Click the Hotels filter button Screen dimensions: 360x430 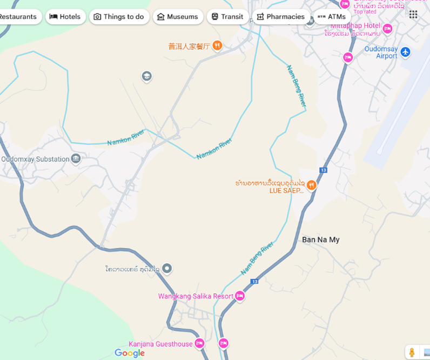[65, 17]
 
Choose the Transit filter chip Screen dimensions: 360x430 [227, 17]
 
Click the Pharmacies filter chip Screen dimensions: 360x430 [280, 17]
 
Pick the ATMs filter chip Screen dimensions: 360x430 [331, 17]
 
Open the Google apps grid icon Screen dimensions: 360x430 [413, 15]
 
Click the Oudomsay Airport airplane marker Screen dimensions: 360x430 [405, 52]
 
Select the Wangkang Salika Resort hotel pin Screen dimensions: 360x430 [240, 296]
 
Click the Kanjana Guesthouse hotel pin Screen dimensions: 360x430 [199, 343]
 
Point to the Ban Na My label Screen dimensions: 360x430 [321, 239]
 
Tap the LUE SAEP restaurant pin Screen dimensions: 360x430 [311, 186]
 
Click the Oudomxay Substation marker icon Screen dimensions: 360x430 [76, 159]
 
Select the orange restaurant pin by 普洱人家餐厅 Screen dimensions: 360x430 [217, 46]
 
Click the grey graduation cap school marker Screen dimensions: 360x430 [146, 76]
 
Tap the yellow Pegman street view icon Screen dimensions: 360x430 [412, 352]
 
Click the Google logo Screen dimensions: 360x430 [130, 353]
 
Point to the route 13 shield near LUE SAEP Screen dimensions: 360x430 [324, 170]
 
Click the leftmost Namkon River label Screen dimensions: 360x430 [126, 137]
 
